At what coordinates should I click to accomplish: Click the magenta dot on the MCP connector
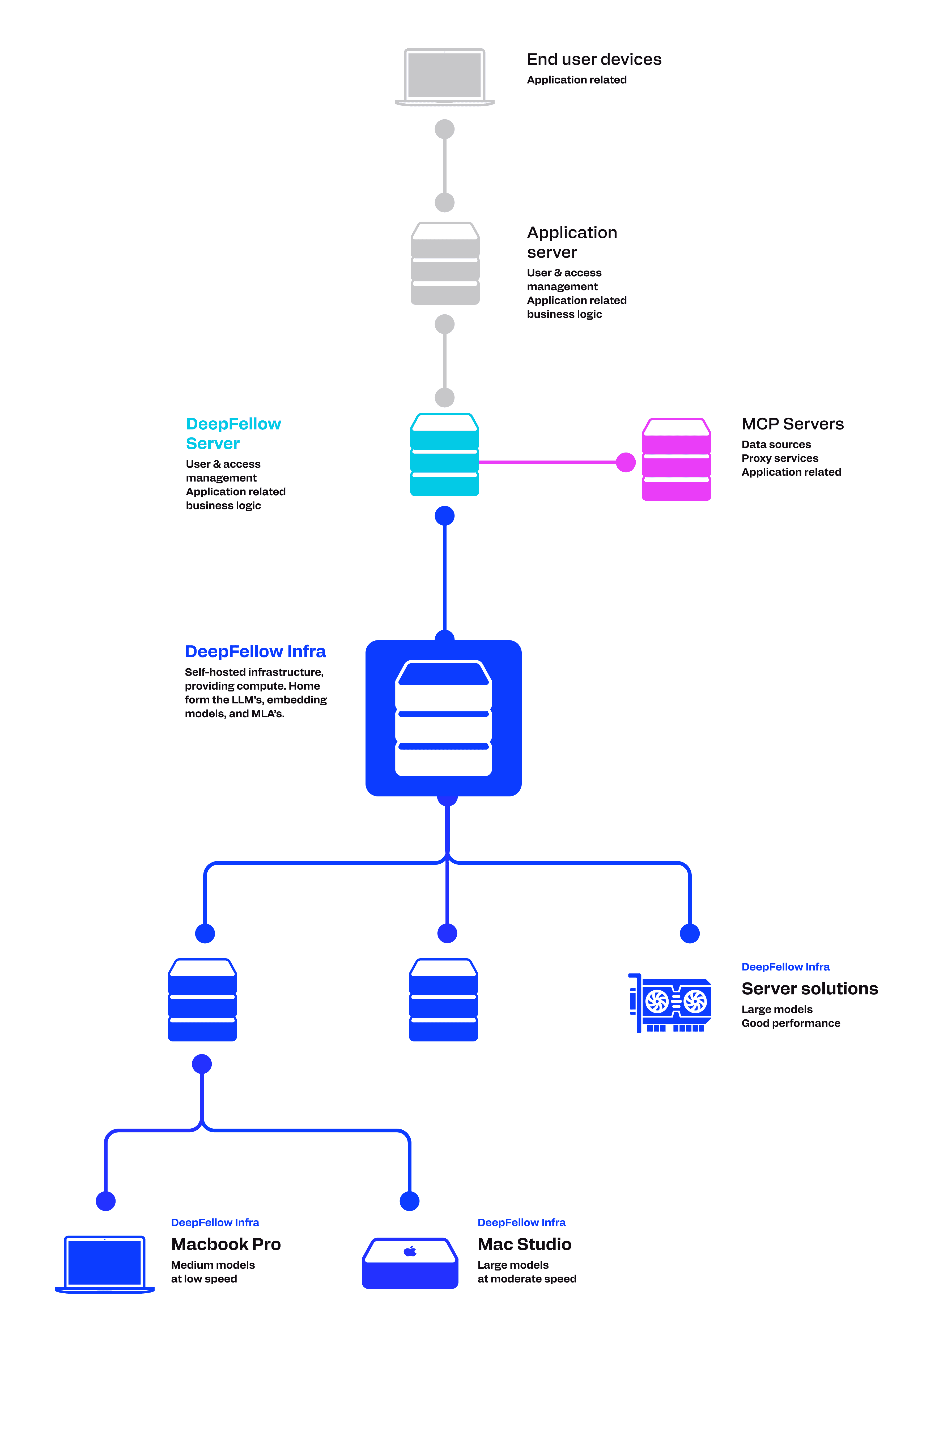click(x=626, y=462)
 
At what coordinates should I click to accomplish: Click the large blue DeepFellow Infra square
click(x=443, y=718)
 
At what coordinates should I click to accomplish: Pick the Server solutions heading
click(x=809, y=989)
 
